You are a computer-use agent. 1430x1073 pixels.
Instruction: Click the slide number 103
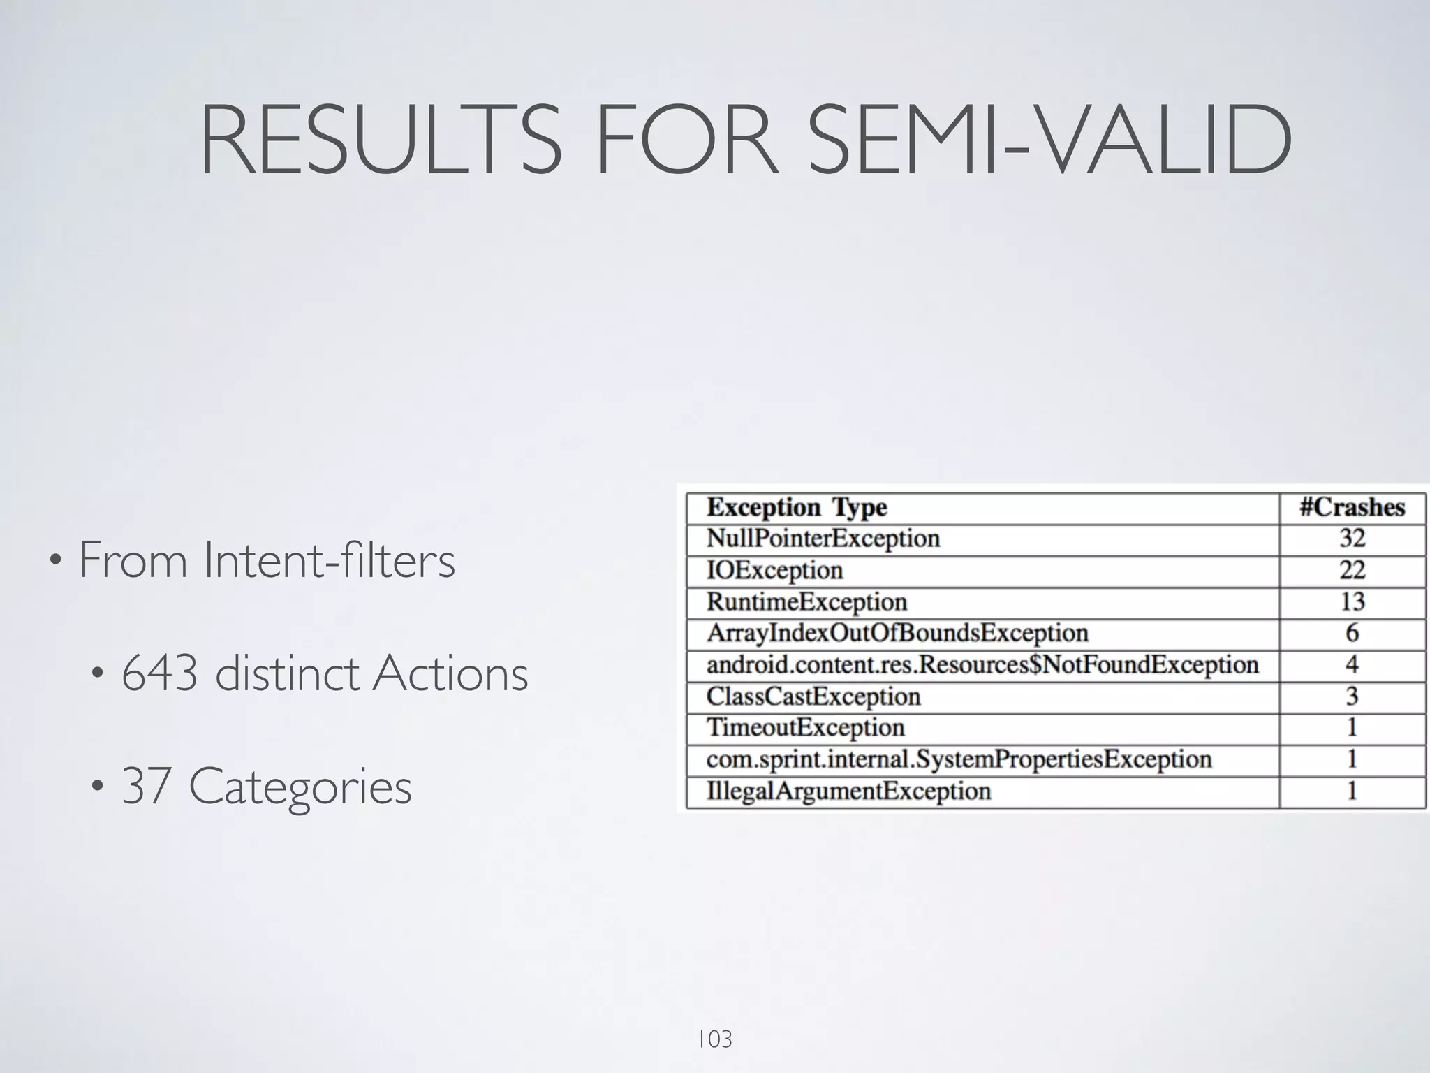714,1039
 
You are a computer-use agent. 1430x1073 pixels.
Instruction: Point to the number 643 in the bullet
159,673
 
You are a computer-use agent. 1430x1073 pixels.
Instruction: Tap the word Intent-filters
330,560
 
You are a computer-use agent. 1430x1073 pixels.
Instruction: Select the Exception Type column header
797,507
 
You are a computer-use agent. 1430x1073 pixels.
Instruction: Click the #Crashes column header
1352,507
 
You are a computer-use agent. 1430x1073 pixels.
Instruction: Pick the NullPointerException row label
823,539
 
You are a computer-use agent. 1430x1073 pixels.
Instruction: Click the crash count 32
1352,539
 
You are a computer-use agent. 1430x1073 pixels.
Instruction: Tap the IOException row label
775,571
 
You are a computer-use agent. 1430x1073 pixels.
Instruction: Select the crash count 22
1352,571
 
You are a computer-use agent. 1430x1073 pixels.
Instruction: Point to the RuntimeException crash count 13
1352,602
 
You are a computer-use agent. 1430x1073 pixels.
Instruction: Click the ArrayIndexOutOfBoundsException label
897,634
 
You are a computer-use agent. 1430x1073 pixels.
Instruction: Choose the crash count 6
1352,634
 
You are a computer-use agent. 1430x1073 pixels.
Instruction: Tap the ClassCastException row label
813,696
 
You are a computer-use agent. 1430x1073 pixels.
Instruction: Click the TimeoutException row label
806,728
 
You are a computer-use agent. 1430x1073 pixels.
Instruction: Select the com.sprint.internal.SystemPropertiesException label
959,759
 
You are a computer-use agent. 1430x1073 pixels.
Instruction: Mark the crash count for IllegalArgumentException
1352,791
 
